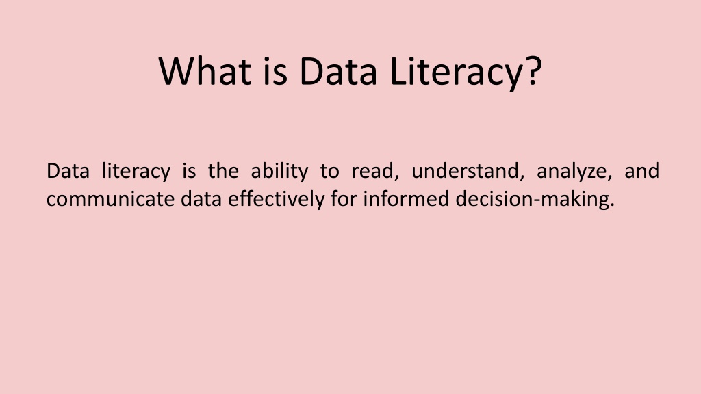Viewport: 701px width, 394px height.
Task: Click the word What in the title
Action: [x=205, y=71]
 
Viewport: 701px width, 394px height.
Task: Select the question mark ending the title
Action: [x=533, y=70]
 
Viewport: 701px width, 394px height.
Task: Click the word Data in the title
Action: [x=338, y=71]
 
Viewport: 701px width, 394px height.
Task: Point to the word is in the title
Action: [x=275, y=71]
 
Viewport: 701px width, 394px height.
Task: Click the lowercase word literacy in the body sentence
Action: [x=136, y=172]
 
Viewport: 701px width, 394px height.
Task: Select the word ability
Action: [x=279, y=172]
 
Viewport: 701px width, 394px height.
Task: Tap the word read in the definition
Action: [x=372, y=171]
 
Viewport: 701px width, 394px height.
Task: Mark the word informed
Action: [x=406, y=199]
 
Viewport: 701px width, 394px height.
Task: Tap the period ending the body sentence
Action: [x=613, y=205]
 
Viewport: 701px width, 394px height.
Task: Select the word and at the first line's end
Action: [x=641, y=171]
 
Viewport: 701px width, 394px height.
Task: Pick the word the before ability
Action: [x=223, y=171]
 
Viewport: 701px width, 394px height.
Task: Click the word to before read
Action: [x=329, y=172]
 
